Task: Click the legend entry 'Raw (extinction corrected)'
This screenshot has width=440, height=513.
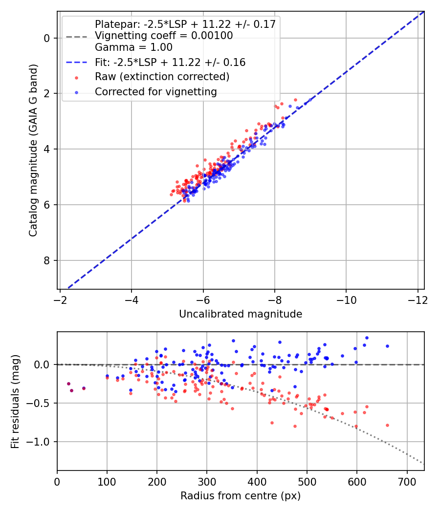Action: [x=162, y=77]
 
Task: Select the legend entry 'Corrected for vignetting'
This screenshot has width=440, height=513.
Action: [x=156, y=91]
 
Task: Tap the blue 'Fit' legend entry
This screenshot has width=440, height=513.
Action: [x=170, y=63]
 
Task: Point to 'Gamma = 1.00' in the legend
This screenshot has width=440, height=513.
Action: [x=133, y=48]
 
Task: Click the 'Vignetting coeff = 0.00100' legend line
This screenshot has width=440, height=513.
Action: [x=164, y=36]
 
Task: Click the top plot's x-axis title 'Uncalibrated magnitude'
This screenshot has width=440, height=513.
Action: [x=241, y=314]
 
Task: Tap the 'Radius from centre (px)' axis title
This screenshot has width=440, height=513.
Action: [x=241, y=496]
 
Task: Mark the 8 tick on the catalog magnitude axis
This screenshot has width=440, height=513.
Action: [x=47, y=260]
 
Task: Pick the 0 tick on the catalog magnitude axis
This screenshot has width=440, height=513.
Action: [x=47, y=38]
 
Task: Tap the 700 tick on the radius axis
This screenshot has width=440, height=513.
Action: [x=406, y=481]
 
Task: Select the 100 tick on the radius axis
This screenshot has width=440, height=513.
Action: [x=107, y=481]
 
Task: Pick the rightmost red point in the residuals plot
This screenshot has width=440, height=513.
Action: [x=387, y=425]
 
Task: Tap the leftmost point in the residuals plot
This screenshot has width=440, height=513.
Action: [x=68, y=384]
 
